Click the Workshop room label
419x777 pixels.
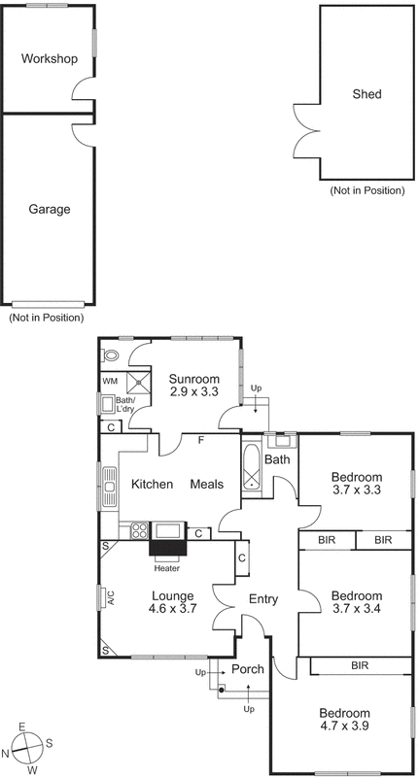pyautogui.click(x=49, y=59)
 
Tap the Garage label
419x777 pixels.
pyautogui.click(x=49, y=209)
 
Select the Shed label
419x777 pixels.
pyautogui.click(x=367, y=94)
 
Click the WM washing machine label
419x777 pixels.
pyautogui.click(x=109, y=382)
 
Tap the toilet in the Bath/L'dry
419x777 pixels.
pyautogui.click(x=110, y=355)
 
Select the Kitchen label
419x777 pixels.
pyautogui.click(x=152, y=485)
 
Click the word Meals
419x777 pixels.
pyautogui.click(x=206, y=485)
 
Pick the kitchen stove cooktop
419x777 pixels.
pyautogui.click(x=138, y=531)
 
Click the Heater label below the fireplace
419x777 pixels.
pyautogui.click(x=166, y=568)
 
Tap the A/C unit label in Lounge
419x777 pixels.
pyautogui.click(x=111, y=598)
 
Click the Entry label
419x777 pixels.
pyautogui.click(x=264, y=599)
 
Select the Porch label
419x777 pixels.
pyautogui.click(x=247, y=669)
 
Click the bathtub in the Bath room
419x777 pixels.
pyautogui.click(x=252, y=468)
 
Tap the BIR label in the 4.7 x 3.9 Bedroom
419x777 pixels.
pyautogui.click(x=360, y=665)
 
